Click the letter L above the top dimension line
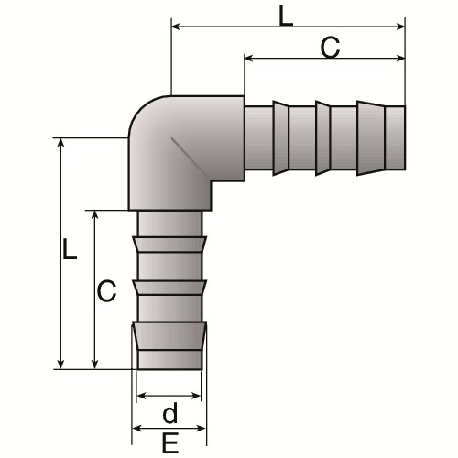[286, 16]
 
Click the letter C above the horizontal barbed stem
[330, 48]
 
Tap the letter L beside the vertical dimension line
[70, 249]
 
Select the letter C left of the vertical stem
[106, 290]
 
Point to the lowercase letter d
[169, 412]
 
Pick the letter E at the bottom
[170, 443]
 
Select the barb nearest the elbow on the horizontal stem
[280, 138]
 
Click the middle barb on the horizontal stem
[322, 138]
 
